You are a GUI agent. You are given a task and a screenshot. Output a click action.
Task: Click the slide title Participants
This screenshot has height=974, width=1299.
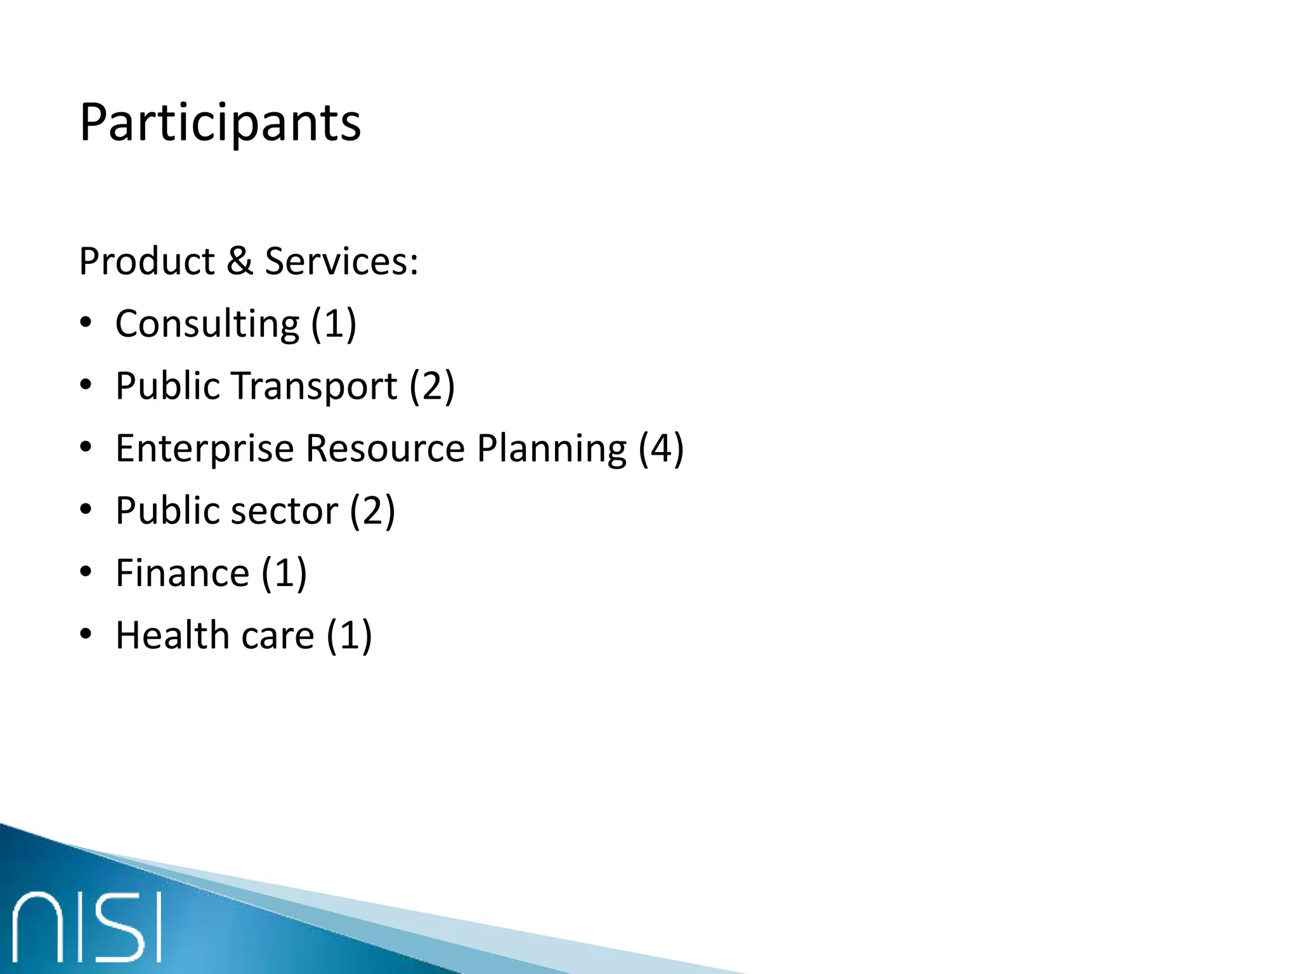pos(220,123)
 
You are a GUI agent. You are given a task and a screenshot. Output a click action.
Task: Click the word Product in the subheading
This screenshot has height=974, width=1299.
pos(147,261)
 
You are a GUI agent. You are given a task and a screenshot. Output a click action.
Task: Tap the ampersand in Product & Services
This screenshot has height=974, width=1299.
pos(240,261)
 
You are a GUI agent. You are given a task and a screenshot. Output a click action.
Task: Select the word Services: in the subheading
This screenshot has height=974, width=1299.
pos(341,261)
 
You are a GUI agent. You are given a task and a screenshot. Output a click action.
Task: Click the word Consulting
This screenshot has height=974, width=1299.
pos(207,325)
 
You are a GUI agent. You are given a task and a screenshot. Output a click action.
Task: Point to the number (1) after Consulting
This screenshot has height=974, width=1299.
pos(334,324)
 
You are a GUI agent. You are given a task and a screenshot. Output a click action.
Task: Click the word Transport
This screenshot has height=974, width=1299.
pos(314,387)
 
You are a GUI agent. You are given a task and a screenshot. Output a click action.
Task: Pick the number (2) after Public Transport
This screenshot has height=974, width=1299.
pos(432,386)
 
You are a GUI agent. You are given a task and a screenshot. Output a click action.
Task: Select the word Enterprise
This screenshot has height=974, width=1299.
pos(205,449)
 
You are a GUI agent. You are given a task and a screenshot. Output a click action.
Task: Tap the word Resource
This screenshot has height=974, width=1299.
pos(386,448)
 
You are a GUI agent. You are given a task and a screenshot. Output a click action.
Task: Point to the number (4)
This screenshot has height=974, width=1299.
pos(661,448)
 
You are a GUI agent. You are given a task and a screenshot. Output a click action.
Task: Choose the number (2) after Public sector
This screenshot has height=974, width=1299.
pos(372,510)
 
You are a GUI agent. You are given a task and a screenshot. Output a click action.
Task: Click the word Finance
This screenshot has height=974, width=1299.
pos(183,573)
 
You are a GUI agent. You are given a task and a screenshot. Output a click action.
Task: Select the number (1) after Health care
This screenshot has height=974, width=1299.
pos(349,635)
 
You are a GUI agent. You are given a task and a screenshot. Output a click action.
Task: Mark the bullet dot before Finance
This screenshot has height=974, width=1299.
pos(86,573)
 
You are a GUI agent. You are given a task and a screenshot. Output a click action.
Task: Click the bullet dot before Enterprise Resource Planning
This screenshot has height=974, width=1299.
pos(86,448)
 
